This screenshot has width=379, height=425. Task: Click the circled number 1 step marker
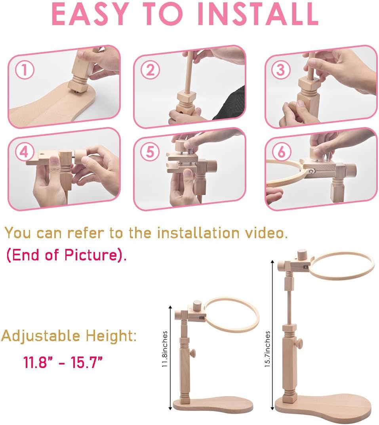25,70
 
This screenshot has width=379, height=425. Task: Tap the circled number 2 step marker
150,70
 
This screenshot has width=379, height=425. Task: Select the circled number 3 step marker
281,70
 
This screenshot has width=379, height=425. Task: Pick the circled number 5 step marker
150,152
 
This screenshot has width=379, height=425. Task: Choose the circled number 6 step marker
281,152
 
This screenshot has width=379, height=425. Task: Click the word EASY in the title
90,14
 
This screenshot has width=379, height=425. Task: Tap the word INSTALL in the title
258,14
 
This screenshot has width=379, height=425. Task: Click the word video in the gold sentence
266,233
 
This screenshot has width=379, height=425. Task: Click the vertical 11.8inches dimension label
165,349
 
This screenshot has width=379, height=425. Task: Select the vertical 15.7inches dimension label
267,349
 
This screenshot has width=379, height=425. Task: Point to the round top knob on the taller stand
301,255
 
